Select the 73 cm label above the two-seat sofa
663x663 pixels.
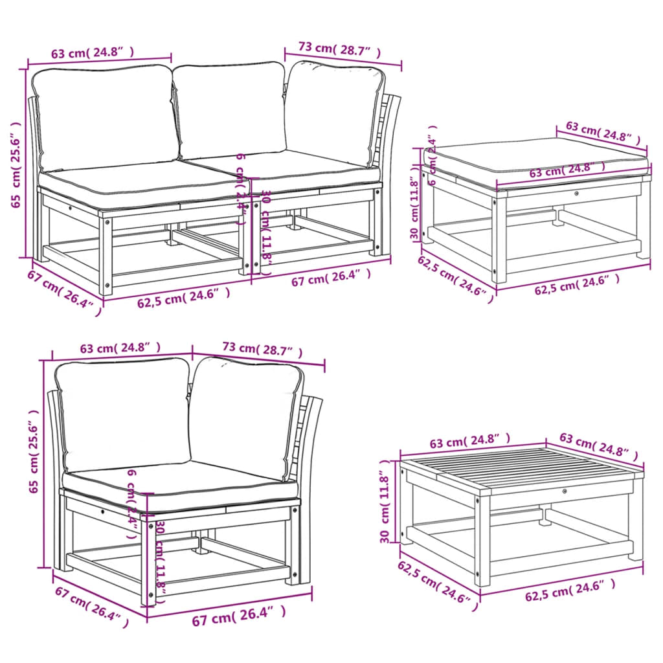click(339, 50)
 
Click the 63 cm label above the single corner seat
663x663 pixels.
click(120, 348)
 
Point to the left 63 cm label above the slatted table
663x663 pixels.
click(469, 442)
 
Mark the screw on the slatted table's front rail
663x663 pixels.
click(565, 493)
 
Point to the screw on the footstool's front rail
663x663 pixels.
click(576, 192)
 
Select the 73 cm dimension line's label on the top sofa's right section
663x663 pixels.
click(339, 50)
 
